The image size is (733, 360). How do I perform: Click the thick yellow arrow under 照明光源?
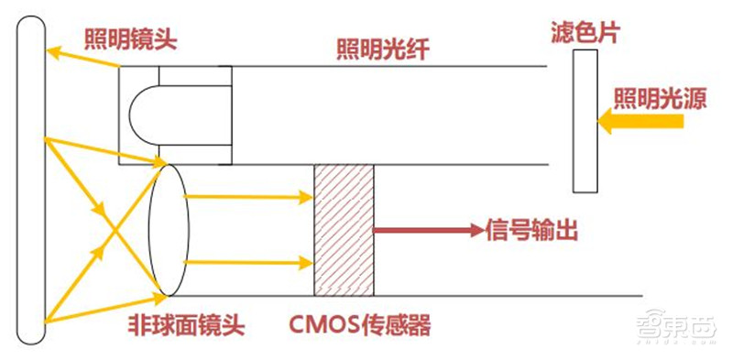click(632, 120)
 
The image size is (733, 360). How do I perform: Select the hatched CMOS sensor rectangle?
click(344, 229)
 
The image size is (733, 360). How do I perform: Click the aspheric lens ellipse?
click(169, 229)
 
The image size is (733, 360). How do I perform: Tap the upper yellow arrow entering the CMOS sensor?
click(247, 195)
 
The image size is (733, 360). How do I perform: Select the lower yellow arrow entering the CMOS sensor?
click(247, 262)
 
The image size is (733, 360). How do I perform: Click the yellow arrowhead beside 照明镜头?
click(54, 53)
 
